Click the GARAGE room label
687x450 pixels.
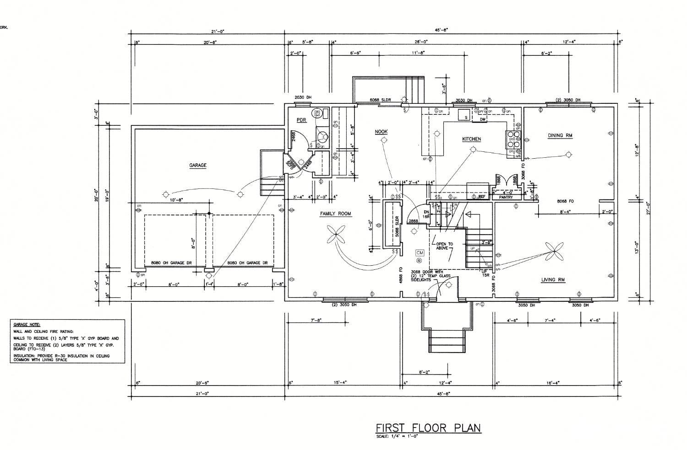coord(198,166)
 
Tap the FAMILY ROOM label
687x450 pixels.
coord(335,214)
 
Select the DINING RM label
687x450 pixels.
coord(560,135)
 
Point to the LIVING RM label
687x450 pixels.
coord(553,280)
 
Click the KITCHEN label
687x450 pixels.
coord(471,139)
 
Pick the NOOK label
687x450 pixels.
coord(381,132)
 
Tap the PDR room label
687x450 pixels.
coord(301,120)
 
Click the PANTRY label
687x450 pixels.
coord(506,198)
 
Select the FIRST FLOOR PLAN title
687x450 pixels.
coord(428,428)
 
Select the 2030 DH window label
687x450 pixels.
coord(303,97)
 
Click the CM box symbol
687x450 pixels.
coord(420,252)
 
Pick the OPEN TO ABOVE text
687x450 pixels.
coord(444,246)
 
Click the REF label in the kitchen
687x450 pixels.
coord(481,197)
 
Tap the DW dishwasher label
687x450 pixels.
coord(482,120)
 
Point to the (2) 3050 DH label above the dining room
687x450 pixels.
coord(567,100)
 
